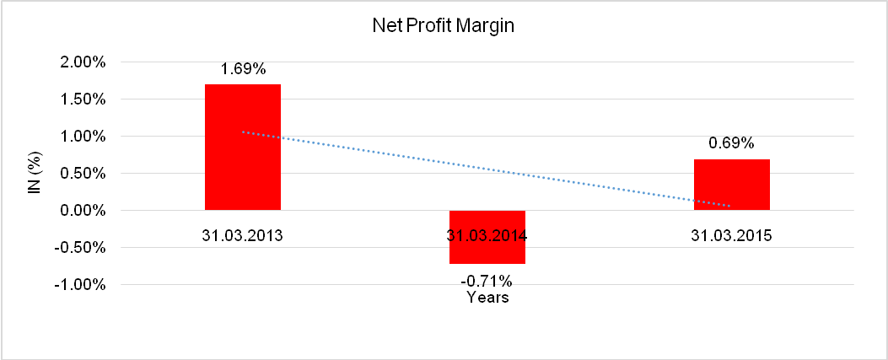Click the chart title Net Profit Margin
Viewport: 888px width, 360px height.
pos(443,26)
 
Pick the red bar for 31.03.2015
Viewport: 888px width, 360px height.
pos(731,184)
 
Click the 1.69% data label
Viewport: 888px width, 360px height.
pos(243,69)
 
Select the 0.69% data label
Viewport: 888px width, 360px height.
pos(731,143)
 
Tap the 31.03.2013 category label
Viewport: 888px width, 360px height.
pos(242,236)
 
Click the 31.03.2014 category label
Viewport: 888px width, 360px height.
pos(487,236)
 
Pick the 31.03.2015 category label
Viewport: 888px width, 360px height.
pos(731,236)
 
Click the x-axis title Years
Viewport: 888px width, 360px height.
pos(487,298)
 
